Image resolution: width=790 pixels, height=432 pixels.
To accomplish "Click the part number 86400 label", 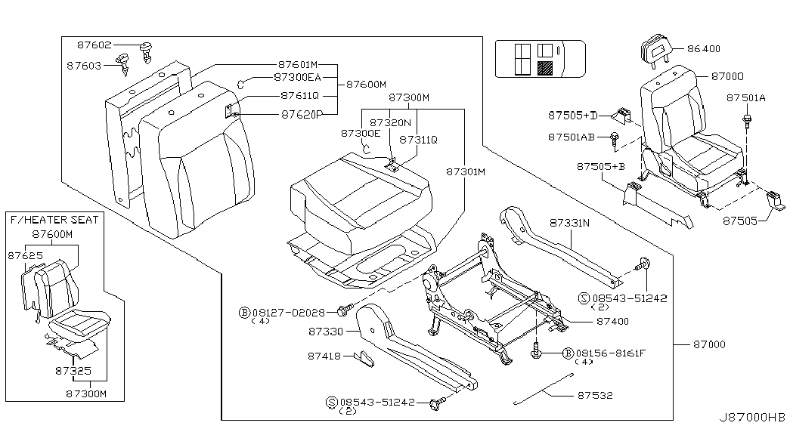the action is tap(704, 49).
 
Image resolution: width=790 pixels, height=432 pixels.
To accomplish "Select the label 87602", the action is tap(94, 45).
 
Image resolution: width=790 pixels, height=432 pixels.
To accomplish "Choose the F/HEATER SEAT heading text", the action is tap(54, 220).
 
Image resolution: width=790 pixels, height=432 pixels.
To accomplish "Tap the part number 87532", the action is tap(595, 395).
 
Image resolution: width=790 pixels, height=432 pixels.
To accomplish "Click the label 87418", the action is tap(324, 356).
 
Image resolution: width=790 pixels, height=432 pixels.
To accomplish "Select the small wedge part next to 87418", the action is tap(364, 359).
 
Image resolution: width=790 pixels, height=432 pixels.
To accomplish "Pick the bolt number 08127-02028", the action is tap(289, 313).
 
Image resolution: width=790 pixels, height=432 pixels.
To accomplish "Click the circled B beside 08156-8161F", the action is tap(568, 353).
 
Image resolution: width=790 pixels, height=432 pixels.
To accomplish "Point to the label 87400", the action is tap(612, 321).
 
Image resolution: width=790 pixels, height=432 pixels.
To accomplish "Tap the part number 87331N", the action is tap(569, 223).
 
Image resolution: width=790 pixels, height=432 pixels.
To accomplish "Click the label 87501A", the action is tap(745, 98).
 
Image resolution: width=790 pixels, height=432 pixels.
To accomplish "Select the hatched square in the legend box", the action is tap(545, 68).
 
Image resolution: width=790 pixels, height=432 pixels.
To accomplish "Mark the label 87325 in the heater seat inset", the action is tap(73, 371).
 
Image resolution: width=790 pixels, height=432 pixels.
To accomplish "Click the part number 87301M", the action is tap(466, 172).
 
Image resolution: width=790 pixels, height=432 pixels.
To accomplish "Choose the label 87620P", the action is tap(302, 115).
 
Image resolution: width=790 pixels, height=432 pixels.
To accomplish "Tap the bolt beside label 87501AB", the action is tap(614, 140).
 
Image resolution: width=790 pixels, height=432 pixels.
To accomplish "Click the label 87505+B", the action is tap(601, 166).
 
